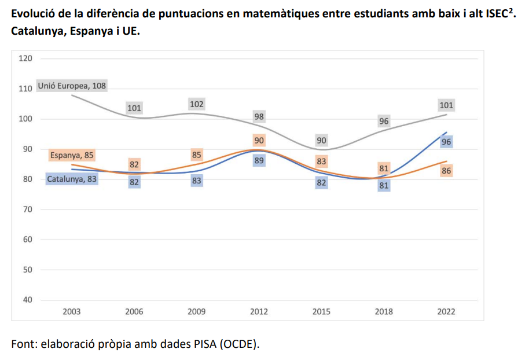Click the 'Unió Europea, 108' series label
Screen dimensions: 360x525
[x=72, y=86]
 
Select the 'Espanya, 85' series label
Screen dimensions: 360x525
[x=72, y=155]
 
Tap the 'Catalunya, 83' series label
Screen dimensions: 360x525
[x=72, y=179]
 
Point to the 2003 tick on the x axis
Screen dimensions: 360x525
[x=72, y=311]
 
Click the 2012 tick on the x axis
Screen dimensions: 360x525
[x=259, y=311]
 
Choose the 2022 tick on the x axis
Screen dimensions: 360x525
[x=446, y=311]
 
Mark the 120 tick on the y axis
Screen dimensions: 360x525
[x=25, y=58]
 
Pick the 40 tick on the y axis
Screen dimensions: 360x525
[x=28, y=300]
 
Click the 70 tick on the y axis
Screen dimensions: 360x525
[x=28, y=210]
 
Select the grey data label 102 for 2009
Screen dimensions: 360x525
[x=197, y=104]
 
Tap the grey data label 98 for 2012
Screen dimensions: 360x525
[x=259, y=116]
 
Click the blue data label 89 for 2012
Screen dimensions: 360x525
[x=259, y=160]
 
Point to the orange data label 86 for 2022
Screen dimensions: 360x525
[x=446, y=171]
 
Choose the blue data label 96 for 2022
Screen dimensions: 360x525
[x=446, y=142]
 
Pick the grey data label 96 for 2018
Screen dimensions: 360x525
[x=384, y=122]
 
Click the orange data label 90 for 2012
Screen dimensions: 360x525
[x=259, y=140]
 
